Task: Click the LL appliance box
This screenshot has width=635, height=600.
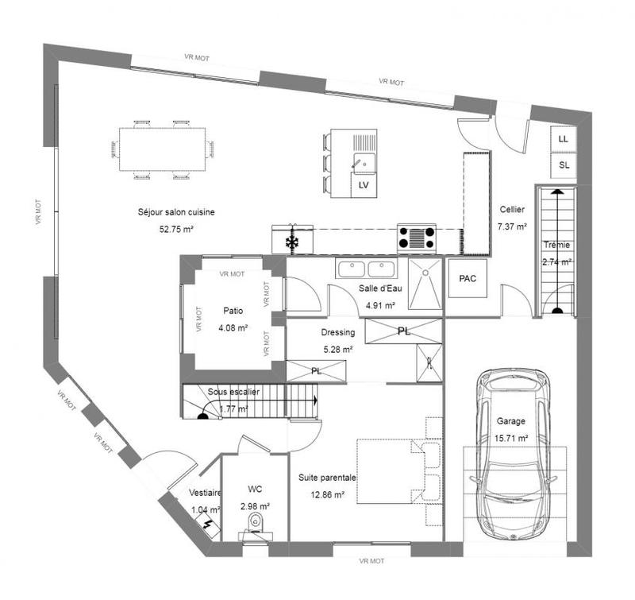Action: pos(564,138)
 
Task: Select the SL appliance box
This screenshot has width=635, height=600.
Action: pos(564,165)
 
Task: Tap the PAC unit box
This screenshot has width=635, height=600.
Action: pos(468,279)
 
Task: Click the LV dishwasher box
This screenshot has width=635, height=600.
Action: pos(364,185)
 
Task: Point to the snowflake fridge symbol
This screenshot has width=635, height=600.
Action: pos(292,241)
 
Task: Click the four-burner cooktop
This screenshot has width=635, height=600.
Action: pos(417,238)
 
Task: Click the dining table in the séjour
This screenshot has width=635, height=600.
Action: pos(163,149)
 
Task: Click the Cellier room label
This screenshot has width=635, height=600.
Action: pos(512,210)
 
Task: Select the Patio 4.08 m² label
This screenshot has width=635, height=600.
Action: pos(233,318)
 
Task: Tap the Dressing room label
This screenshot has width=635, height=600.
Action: pos(337,333)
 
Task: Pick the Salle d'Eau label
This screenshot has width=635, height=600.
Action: pos(380,289)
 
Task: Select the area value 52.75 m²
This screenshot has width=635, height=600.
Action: pos(176,228)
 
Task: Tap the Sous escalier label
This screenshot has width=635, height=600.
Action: pos(233,393)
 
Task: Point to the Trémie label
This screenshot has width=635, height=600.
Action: pos(556,245)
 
